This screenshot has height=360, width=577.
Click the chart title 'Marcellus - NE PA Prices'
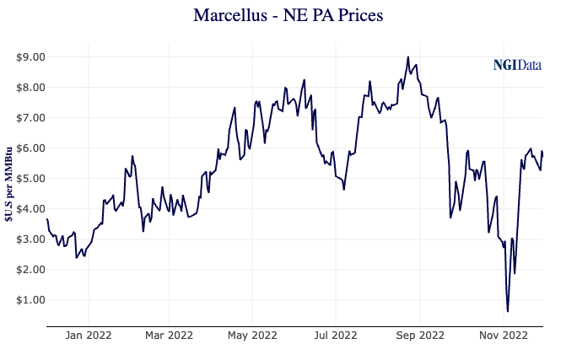pyautogui.click(x=288, y=16)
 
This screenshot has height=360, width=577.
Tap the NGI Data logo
pyautogui.click(x=517, y=65)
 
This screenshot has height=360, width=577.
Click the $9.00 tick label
pyautogui.click(x=30, y=57)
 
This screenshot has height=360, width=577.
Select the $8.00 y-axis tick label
pyautogui.click(x=30, y=88)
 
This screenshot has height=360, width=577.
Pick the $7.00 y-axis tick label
pyautogui.click(x=30, y=118)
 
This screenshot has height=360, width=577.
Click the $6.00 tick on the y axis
pyautogui.click(x=30, y=148)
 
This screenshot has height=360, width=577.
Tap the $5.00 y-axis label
pyautogui.click(x=30, y=179)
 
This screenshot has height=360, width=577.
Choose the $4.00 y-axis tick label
pyautogui.click(x=30, y=209)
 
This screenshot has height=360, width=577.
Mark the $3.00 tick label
pyautogui.click(x=30, y=239)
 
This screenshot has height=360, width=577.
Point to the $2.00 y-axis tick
pyautogui.click(x=30, y=270)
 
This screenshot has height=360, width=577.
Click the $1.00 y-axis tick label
pyautogui.click(x=30, y=300)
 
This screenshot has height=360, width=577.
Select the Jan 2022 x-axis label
pyautogui.click(x=89, y=336)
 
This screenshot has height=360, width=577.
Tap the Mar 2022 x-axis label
pyautogui.click(x=169, y=336)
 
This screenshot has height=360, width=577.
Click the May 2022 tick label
pyautogui.click(x=252, y=336)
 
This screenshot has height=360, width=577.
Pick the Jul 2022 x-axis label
pyautogui.click(x=335, y=336)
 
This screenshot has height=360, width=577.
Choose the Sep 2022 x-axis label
pyautogui.click(x=419, y=336)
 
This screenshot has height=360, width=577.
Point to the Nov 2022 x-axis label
pyautogui.click(x=503, y=336)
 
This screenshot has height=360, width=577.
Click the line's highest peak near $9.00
pyautogui.click(x=408, y=57)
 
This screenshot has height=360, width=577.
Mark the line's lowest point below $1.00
pyautogui.click(x=508, y=311)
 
